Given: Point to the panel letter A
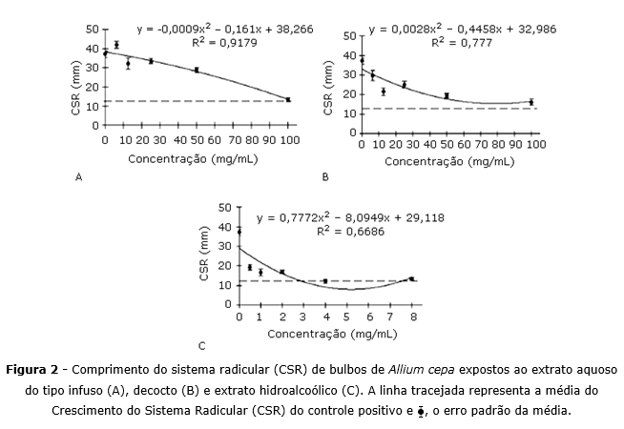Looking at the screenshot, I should tap(77, 177).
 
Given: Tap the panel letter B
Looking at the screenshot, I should tap(325, 177).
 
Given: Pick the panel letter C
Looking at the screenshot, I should tap(201, 346).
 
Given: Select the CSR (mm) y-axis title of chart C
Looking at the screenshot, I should tap(204, 255).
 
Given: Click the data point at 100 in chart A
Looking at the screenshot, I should tap(288, 99).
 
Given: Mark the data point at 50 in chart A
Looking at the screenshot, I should tap(197, 70).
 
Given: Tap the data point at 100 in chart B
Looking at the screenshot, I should tap(531, 101).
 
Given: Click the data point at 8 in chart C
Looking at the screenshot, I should tap(411, 279).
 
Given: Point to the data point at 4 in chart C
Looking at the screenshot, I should tap(325, 281).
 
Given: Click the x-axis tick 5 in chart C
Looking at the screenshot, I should tap(347, 317).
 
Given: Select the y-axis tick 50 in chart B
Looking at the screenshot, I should tap(350, 35).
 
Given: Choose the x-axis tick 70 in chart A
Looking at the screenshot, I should tap(233, 139).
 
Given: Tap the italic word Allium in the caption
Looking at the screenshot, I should tap(397, 369).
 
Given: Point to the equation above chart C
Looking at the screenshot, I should tap(329, 217).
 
